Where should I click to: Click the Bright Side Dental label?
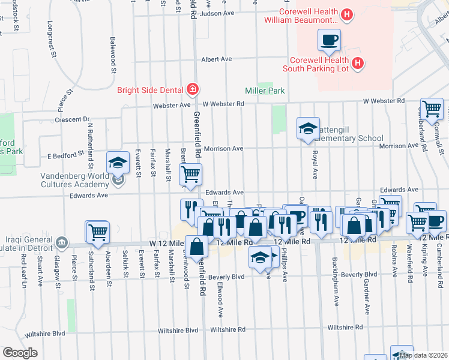(150, 91)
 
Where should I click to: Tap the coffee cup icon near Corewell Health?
(329, 41)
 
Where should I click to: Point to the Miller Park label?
(265, 91)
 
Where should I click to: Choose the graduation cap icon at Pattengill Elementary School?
(308, 129)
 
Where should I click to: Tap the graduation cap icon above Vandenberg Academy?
(118, 163)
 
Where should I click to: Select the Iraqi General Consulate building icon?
(61, 242)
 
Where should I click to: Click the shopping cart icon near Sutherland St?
(98, 232)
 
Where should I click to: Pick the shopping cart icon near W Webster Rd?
(432, 110)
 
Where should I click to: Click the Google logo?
(20, 353)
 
